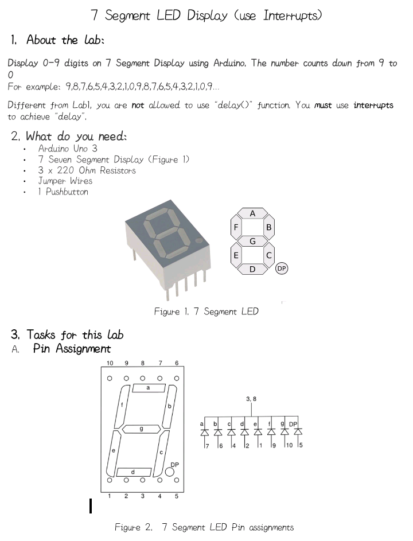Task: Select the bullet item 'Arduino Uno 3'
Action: tap(68, 149)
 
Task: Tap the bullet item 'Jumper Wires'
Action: tap(65, 181)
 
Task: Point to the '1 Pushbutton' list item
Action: tap(63, 192)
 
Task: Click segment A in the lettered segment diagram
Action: tap(252, 213)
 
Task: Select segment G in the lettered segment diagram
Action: tap(252, 241)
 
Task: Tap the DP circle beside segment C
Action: tap(282, 268)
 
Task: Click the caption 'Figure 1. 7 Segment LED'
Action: tap(206, 312)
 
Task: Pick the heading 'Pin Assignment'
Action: tap(72, 348)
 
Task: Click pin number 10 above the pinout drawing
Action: tap(110, 363)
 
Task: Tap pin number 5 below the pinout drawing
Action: tap(177, 496)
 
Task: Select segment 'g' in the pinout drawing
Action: tap(142, 429)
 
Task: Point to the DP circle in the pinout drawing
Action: tap(170, 472)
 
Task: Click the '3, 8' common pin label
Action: tap(251, 398)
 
